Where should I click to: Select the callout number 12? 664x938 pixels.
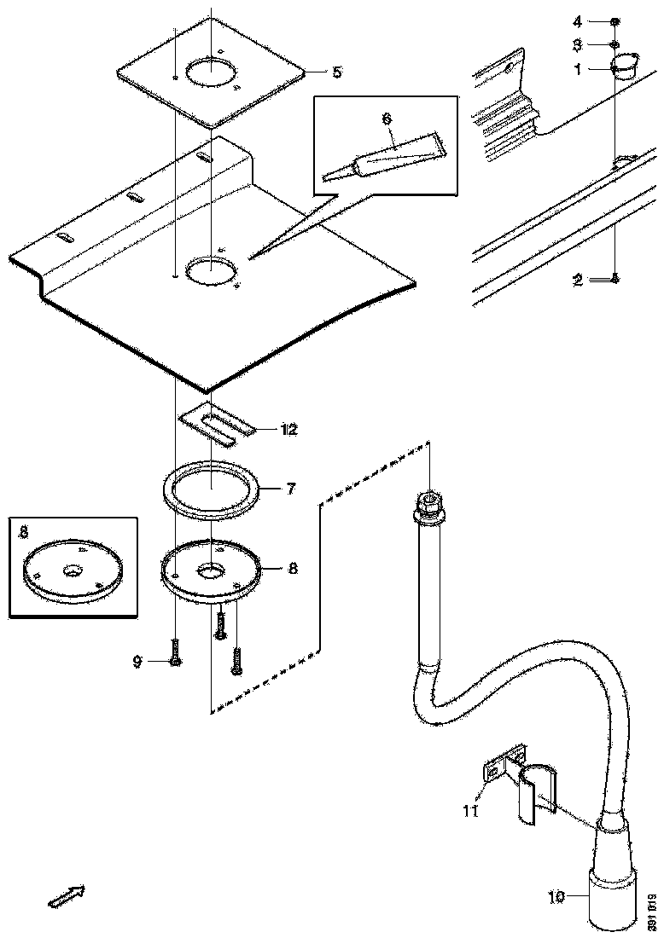pyautogui.click(x=288, y=429)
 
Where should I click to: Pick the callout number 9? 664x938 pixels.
pyautogui.click(x=137, y=661)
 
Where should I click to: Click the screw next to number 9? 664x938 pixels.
pyautogui.click(x=174, y=657)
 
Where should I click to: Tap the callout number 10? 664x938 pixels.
pyautogui.click(x=557, y=896)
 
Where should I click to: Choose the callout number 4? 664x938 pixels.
pyautogui.click(x=577, y=20)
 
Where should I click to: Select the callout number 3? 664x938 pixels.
pyautogui.click(x=577, y=43)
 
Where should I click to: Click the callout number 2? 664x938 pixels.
pyautogui.click(x=578, y=279)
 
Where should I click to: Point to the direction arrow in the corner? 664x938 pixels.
pyautogui.click(x=65, y=895)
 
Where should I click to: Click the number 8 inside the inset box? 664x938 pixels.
pyautogui.click(x=24, y=531)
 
